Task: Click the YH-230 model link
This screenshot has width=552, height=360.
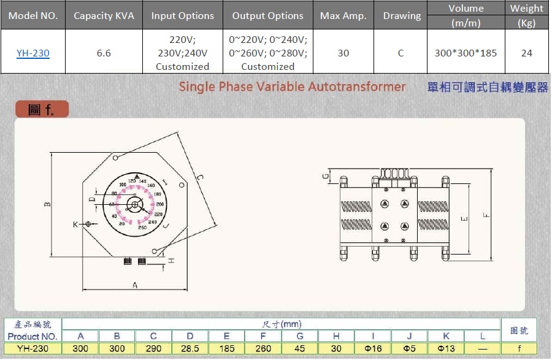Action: tap(33, 53)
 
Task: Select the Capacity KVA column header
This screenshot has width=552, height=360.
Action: tap(104, 16)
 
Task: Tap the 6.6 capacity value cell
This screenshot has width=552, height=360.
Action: tap(104, 53)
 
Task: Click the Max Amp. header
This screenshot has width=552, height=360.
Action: tap(343, 16)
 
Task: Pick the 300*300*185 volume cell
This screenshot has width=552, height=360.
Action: tap(466, 53)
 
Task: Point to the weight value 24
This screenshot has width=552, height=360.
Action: tap(526, 53)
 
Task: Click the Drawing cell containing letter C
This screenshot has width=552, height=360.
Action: tap(401, 53)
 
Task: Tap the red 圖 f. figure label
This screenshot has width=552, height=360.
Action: tap(42, 110)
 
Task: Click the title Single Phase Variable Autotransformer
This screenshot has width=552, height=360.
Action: tap(292, 86)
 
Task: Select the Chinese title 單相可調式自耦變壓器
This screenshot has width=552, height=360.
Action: tap(488, 87)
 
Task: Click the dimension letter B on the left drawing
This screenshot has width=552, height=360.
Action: tap(47, 205)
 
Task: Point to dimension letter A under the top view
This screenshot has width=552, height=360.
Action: tap(135, 285)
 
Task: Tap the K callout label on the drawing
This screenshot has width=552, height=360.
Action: tap(76, 224)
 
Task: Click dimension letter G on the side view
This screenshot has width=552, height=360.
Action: tap(326, 177)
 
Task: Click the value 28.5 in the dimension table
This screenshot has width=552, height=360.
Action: tap(190, 348)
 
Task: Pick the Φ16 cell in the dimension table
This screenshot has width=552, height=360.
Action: tap(373, 348)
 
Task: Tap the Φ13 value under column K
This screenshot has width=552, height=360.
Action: tap(446, 348)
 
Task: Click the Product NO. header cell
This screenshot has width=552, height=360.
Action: tap(33, 336)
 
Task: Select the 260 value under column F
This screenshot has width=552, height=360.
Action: tap(263, 348)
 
